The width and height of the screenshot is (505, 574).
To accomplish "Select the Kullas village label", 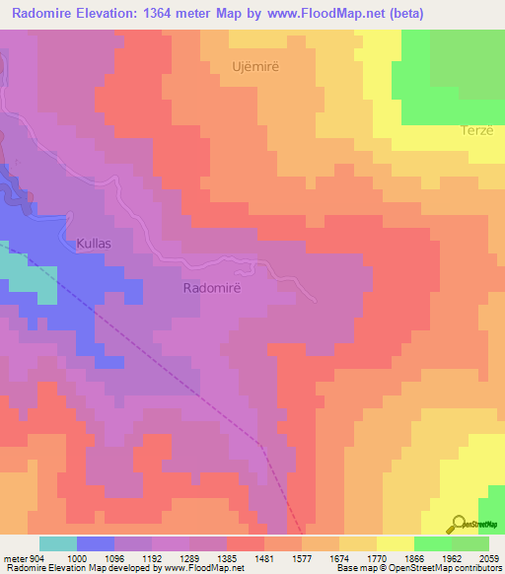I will point(96,243).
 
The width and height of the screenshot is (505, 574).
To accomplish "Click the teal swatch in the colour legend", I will point(58,543).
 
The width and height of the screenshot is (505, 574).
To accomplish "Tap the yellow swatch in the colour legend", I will point(395,543).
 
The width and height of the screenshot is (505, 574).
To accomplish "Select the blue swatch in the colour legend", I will point(96,543).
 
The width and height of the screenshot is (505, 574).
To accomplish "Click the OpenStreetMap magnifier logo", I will point(459,524).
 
